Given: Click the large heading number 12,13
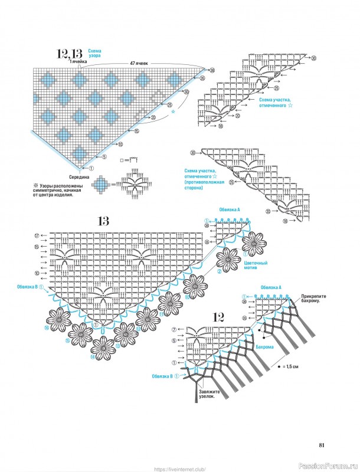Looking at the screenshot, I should click(70, 54).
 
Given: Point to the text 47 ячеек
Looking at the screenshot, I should click(139, 63).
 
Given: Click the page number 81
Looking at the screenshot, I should click(321, 445).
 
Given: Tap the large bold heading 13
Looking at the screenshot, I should click(104, 221).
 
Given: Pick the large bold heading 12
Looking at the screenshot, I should click(217, 316).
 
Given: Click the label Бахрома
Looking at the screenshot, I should click(277, 348).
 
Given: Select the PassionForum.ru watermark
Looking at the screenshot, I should click(331, 464).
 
